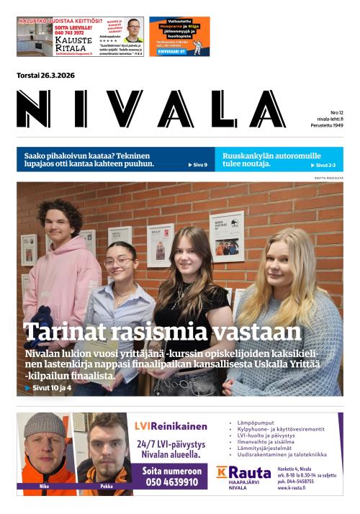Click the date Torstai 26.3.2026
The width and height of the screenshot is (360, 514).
click(x=45, y=76)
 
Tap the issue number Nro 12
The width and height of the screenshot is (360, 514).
click(x=336, y=113)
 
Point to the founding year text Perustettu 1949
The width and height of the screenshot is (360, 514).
click(x=328, y=126)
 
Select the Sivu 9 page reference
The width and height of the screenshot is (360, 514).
click(x=198, y=165)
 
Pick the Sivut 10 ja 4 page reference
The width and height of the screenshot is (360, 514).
click(x=49, y=388)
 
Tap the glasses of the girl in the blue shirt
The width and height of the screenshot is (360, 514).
click(x=119, y=261)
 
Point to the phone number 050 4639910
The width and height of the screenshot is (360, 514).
click(x=171, y=482)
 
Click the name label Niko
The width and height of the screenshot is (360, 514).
click(x=44, y=486)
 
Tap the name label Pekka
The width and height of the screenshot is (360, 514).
click(x=106, y=486)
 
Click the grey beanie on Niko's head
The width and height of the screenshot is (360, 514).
click(x=45, y=424)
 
